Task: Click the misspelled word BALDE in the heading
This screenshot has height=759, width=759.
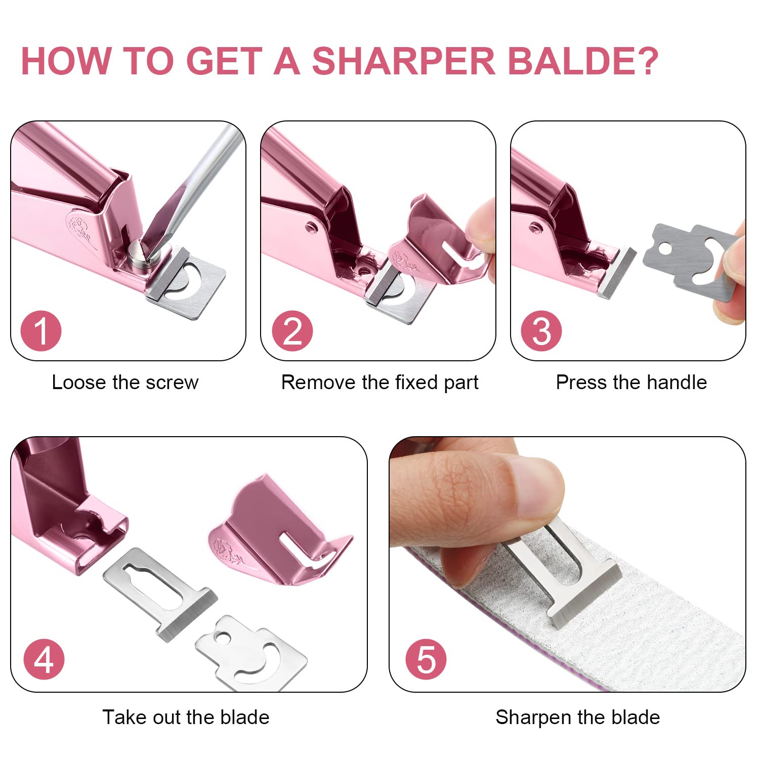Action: (582, 61)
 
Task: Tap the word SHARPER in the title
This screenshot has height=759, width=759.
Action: (403, 61)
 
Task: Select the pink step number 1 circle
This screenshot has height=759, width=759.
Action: (41, 331)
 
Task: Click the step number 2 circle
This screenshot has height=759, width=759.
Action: (292, 331)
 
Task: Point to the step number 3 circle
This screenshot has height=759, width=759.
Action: (541, 331)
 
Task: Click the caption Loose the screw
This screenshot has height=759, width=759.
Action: (125, 383)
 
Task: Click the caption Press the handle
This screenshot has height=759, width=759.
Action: (631, 383)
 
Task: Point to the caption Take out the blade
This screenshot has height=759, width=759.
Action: (186, 718)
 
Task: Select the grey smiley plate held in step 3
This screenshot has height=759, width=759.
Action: (691, 263)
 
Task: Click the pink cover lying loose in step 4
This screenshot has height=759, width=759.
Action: (281, 531)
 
